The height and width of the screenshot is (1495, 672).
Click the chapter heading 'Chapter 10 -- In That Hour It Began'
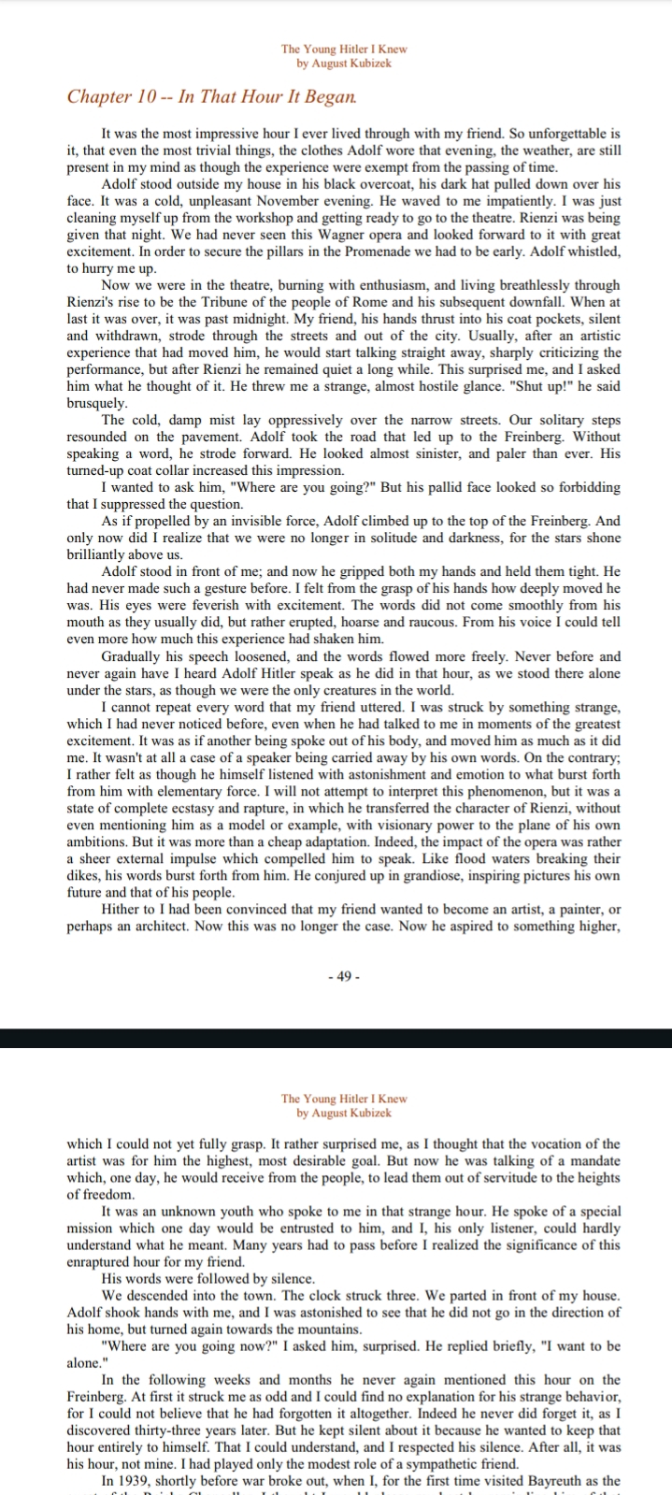[211, 97]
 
